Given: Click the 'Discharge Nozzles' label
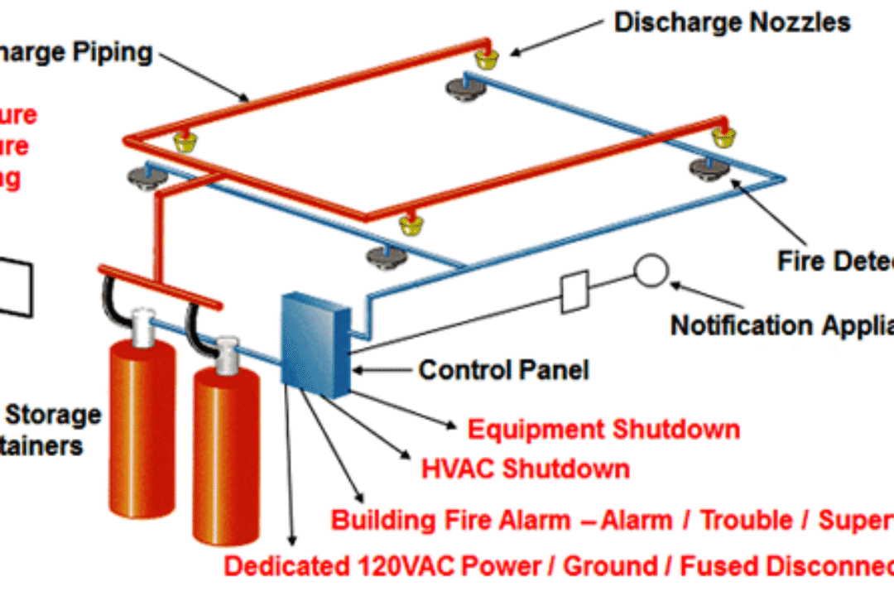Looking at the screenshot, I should click(732, 22).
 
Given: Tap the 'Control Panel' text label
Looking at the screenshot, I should click(503, 369).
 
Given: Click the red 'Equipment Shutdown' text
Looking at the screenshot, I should click(603, 430).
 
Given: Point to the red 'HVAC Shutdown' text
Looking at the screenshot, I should click(526, 469).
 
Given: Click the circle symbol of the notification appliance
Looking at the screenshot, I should click(651, 271).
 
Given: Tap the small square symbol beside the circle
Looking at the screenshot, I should click(574, 291).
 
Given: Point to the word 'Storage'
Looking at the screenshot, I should click(55, 415).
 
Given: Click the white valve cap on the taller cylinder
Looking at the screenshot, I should click(143, 320).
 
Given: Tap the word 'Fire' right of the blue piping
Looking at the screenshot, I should click(799, 261).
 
